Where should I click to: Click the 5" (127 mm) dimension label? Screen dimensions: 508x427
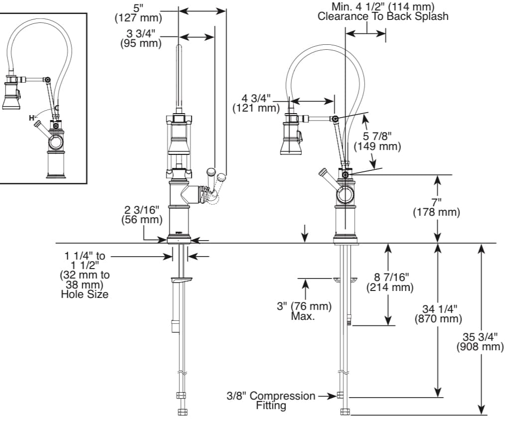138,13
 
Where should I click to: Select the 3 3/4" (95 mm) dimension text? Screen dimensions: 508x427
140,38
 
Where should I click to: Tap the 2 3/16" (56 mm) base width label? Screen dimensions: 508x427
142,215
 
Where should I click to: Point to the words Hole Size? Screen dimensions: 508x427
85,294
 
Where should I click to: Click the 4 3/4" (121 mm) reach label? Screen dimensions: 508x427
256,103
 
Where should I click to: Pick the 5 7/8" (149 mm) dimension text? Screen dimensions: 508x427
377,141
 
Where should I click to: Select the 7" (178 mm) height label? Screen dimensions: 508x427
436,207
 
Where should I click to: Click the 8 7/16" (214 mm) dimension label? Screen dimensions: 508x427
390,282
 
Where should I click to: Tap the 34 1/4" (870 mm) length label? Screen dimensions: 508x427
438,313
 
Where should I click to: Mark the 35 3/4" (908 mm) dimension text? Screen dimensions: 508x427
480,342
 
